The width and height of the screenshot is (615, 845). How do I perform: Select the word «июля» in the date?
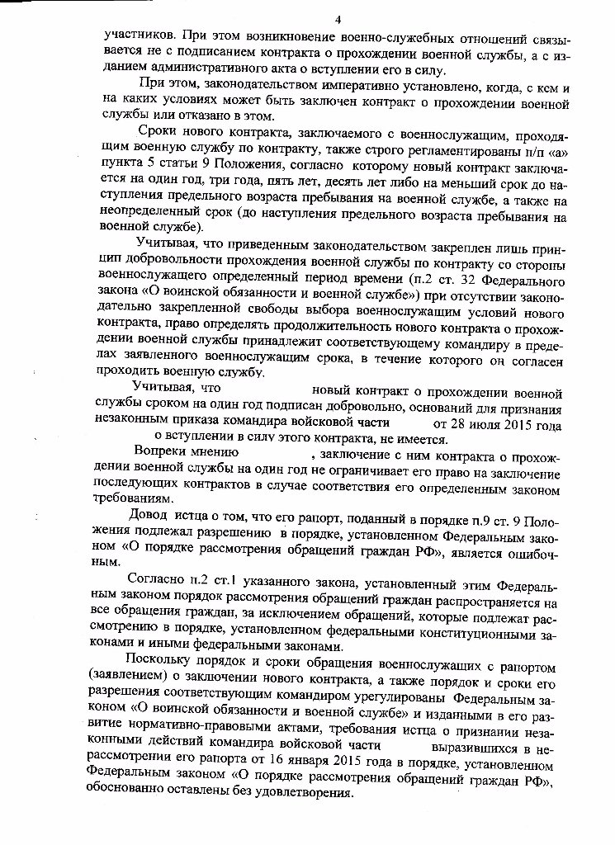pyautogui.click(x=490, y=426)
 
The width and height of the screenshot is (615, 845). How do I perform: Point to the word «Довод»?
pyautogui.click(x=148, y=517)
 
